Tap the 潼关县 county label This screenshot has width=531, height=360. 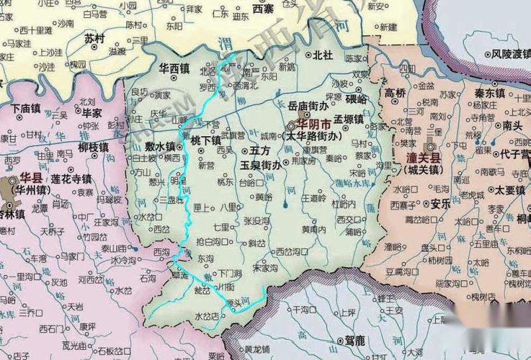click(424, 158)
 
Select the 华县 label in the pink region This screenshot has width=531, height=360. click(31, 178)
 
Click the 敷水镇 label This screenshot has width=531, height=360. click(161, 146)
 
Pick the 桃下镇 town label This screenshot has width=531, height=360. click(206, 141)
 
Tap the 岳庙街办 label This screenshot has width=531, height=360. click(309, 106)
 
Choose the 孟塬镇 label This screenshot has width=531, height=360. click(348, 120)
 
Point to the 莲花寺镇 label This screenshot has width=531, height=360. click(72, 179)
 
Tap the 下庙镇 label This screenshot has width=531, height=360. click(27, 107)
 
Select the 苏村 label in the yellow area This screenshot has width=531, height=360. click(95, 39)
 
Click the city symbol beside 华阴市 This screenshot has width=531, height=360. click(293, 125)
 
